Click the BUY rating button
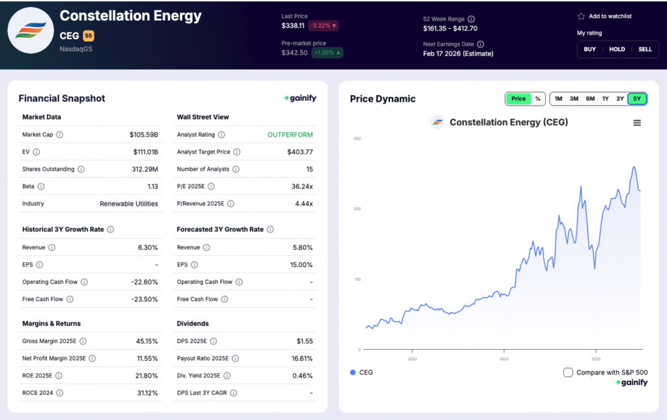pos(589,49)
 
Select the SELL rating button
pos(645,49)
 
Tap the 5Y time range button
pos(637,99)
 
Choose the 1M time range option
pos(558,99)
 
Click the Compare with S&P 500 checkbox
pos(568,372)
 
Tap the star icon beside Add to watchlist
pos(581,16)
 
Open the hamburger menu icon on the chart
pos(637,122)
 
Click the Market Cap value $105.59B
pos(144,135)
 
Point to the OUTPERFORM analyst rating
pos(290,135)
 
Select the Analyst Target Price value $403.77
pos(300,152)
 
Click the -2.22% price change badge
pos(323,26)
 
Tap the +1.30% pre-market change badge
pos(327,53)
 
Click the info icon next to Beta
pos(41,186)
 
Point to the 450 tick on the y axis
pos(357,138)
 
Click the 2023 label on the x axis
pos(504,359)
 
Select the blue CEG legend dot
pos(353,372)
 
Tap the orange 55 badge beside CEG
pos(88,36)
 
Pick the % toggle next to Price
pos(537,99)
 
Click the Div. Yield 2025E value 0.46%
pos(302,376)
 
